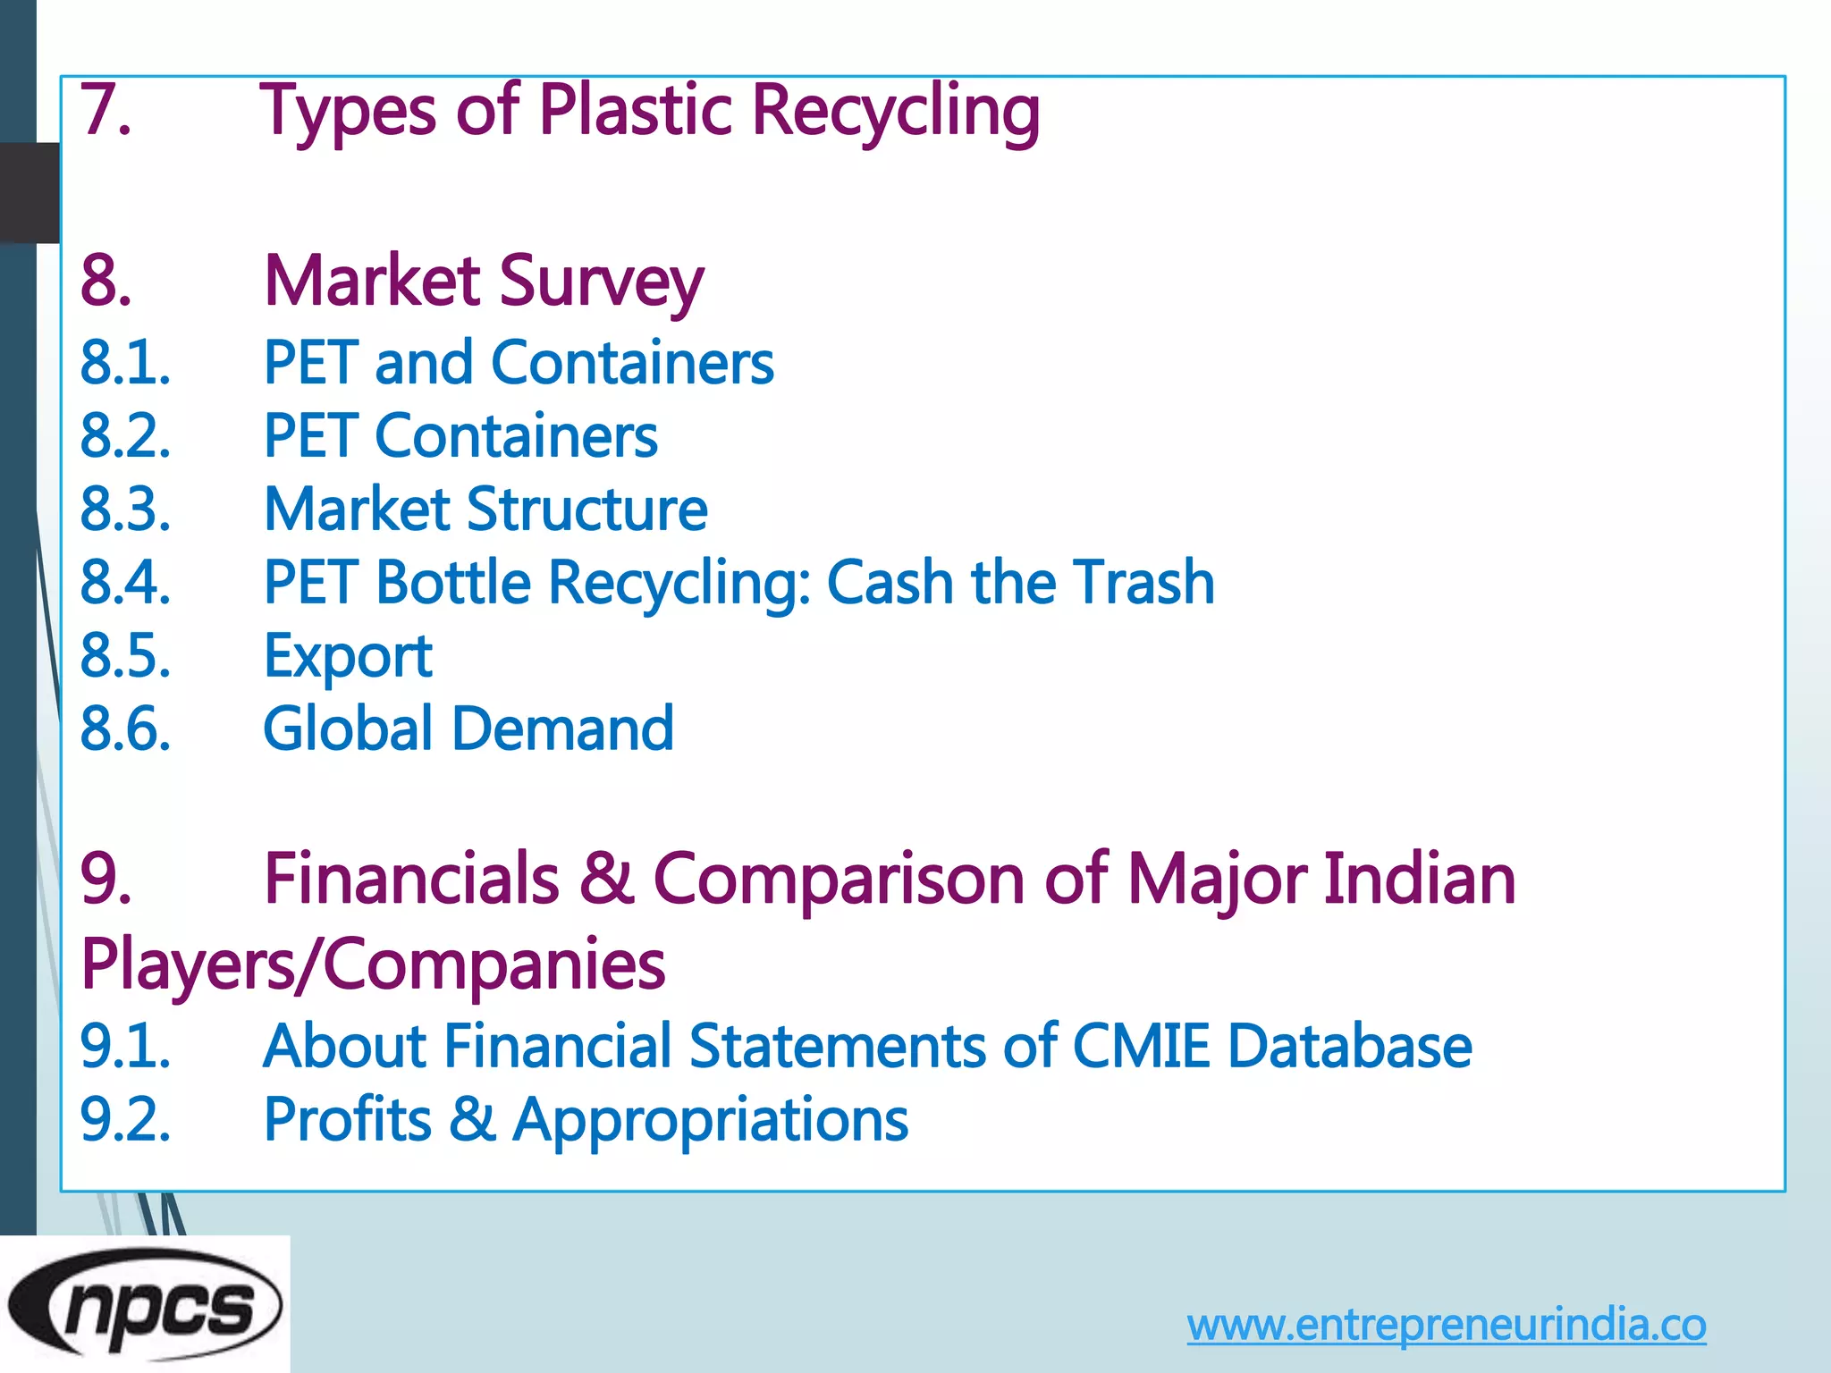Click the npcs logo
coord(145,1306)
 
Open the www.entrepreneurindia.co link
coord(1446,1325)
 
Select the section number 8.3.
coord(125,510)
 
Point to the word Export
coord(348,656)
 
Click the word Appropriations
coord(711,1121)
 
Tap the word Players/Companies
coord(373,965)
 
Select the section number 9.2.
coord(125,1121)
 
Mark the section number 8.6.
coord(125,729)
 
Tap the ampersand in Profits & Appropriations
coord(472,1119)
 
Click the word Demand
coord(562,729)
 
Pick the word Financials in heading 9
coord(411,880)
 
